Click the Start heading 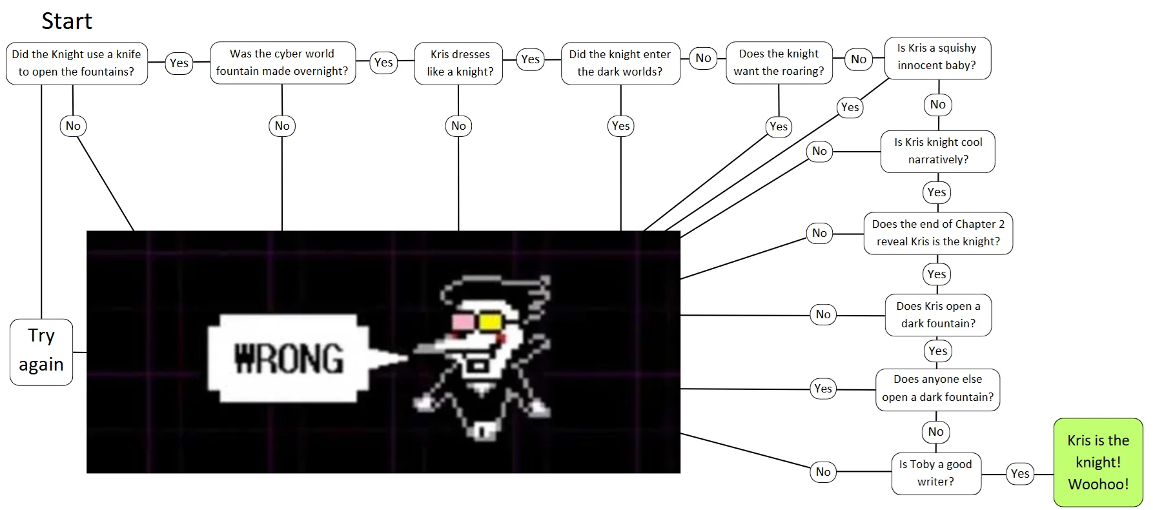(66, 21)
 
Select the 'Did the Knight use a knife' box (76, 63)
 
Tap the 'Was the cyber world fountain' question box (282, 63)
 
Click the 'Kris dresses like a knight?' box (459, 63)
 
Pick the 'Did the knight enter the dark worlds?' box (620, 63)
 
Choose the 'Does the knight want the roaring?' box (779, 63)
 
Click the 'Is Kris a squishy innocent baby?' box (937, 57)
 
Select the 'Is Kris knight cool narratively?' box (937, 151)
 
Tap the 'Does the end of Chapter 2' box (937, 233)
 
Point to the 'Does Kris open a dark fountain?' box (937, 315)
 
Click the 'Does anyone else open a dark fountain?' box (937, 389)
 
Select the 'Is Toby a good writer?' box (935, 473)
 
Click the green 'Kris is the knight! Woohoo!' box (1097, 462)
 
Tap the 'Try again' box (41, 351)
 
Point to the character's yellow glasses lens (491, 321)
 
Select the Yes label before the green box (1020, 474)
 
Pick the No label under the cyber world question (282, 126)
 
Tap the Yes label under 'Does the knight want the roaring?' (779, 127)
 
